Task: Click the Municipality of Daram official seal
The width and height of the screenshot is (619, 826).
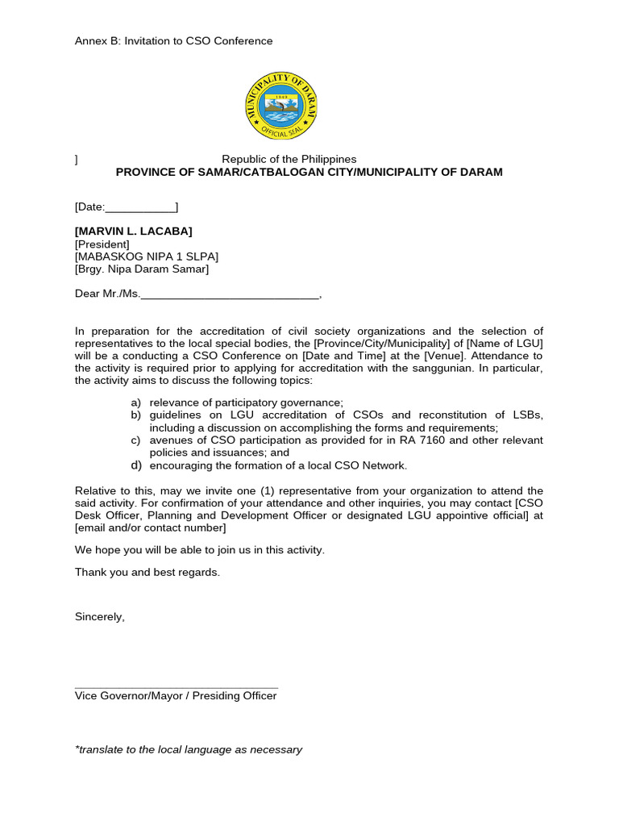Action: [x=281, y=106]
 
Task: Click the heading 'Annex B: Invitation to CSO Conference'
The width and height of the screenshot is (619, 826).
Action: [x=173, y=41]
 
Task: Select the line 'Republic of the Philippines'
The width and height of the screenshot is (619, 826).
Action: [x=289, y=159]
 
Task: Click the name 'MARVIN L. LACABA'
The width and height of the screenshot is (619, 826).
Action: [x=134, y=232]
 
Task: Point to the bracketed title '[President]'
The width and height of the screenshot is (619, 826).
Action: [x=102, y=244]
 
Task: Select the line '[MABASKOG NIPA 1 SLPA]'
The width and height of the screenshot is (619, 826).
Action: [x=146, y=257]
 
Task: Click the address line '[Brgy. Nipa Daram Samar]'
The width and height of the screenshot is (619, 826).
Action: [x=141, y=269]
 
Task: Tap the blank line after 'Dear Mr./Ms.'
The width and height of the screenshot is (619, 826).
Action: [x=230, y=294]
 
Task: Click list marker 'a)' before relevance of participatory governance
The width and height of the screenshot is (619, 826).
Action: [x=135, y=403]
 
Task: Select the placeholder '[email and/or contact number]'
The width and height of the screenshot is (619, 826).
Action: [x=151, y=528]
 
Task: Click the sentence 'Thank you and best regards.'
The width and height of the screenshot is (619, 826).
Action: [x=147, y=572]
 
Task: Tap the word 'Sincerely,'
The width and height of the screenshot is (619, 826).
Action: [x=100, y=616]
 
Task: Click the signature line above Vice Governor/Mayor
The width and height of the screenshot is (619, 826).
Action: [x=176, y=687]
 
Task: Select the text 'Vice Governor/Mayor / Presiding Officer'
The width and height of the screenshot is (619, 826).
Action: [x=176, y=696]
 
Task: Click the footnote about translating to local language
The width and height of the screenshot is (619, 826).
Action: [x=189, y=749]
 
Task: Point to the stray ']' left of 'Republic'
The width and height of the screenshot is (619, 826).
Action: [x=77, y=160]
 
